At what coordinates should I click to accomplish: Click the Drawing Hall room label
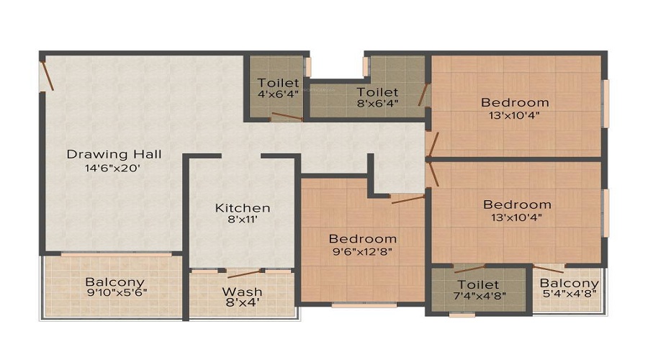click(114, 155)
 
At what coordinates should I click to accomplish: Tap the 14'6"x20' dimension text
click(113, 168)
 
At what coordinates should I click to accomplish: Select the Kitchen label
click(243, 208)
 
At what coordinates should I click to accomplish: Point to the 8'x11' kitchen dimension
click(243, 220)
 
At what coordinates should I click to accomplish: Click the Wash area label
click(242, 292)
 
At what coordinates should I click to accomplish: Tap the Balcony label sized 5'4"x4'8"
click(569, 284)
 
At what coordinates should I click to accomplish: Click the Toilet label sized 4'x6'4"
click(278, 83)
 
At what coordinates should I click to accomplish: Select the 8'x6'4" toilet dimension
click(377, 102)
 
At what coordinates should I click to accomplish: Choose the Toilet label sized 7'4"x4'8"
click(478, 285)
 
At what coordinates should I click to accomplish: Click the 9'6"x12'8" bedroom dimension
click(362, 251)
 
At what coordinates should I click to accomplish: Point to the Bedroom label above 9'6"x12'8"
click(362, 239)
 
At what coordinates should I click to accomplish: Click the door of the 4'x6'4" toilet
click(287, 116)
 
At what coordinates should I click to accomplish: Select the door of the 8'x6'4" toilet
click(423, 94)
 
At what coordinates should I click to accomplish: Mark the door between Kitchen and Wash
click(243, 274)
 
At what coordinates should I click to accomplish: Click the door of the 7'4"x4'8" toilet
click(469, 269)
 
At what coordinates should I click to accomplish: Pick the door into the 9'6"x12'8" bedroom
click(408, 199)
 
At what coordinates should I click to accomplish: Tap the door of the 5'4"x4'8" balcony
click(549, 269)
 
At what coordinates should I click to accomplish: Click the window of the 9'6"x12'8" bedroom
click(364, 305)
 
